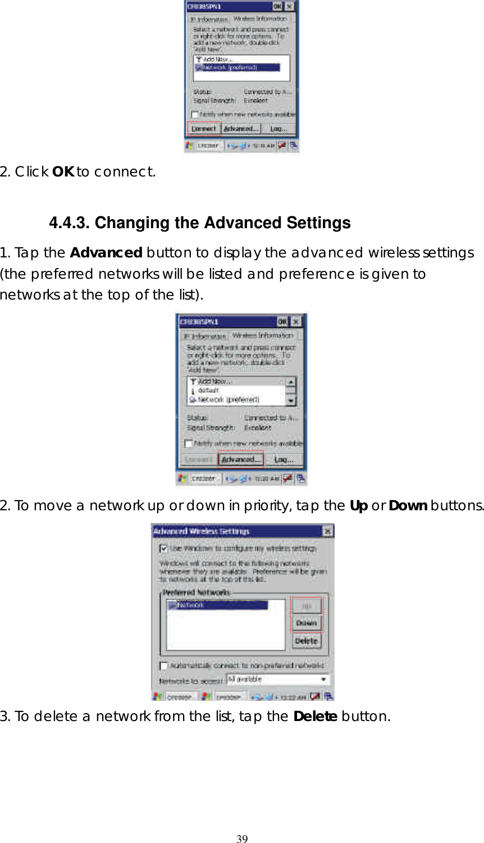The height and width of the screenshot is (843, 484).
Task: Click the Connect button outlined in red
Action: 203,129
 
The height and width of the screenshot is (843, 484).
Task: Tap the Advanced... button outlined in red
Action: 241,459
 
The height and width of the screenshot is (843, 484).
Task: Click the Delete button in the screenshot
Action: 306,641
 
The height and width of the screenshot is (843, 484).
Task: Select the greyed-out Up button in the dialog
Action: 307,606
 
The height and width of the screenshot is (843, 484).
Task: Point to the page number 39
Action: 242,839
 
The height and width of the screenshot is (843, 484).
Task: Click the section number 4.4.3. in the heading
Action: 69,223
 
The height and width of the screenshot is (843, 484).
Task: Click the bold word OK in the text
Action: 63,172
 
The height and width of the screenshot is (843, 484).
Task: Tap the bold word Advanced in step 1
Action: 106,253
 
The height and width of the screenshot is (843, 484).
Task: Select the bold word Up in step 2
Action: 358,506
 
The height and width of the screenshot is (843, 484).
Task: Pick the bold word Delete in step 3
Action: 315,717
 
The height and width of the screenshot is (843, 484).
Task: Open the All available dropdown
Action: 323,679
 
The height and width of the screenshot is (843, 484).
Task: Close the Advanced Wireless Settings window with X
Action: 327,531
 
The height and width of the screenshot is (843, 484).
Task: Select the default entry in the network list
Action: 208,391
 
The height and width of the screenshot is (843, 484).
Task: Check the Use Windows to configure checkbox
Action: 163,548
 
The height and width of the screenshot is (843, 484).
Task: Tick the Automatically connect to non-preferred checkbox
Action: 163,666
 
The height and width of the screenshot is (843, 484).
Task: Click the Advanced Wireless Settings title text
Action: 202,531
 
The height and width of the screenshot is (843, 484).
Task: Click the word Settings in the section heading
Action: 318,223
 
